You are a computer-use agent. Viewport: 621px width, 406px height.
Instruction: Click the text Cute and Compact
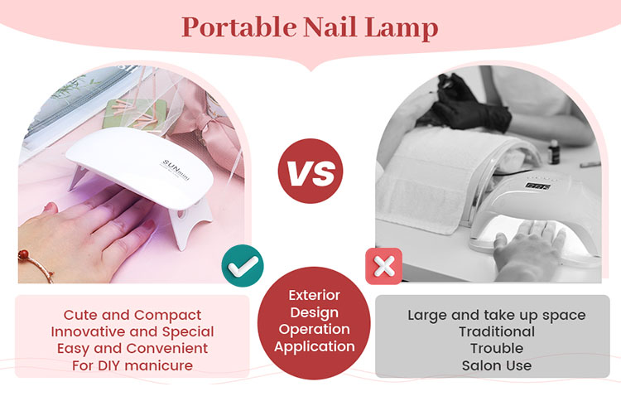[132, 315]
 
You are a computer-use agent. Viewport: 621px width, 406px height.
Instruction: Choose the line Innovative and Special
[132, 331]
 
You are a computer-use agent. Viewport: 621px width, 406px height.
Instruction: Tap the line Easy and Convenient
[132, 348]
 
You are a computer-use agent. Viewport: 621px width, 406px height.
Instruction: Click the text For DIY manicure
[132, 365]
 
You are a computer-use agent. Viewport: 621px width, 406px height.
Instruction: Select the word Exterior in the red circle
[314, 295]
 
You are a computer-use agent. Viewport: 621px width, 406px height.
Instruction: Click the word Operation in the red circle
[314, 329]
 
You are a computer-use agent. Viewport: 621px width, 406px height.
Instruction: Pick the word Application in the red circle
[314, 346]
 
